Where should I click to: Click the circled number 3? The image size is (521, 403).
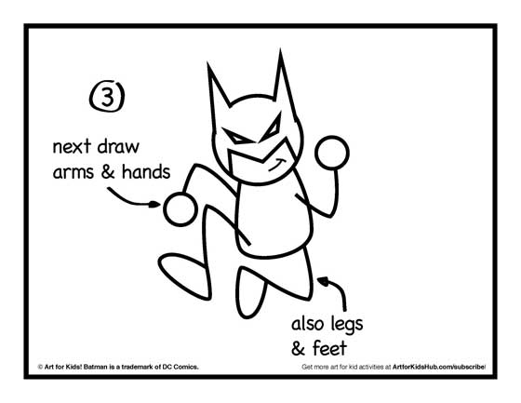click(x=107, y=97)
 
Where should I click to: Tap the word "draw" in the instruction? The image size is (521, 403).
click(x=118, y=147)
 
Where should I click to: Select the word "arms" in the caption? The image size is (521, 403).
click(x=73, y=172)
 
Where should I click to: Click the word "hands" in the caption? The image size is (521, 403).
click(x=146, y=171)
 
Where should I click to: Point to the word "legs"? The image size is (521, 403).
click(x=347, y=325)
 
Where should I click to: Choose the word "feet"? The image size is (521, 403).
click(x=329, y=348)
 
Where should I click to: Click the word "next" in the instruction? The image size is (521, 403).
click(x=72, y=147)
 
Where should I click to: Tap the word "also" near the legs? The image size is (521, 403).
click(x=308, y=324)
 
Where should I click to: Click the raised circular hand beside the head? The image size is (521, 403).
click(x=332, y=153)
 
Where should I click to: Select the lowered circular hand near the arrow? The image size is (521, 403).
click(x=180, y=209)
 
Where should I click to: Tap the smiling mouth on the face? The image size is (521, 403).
click(x=278, y=166)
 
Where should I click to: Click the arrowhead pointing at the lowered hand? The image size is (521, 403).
click(x=154, y=204)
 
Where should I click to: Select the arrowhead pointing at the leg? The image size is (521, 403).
click(x=323, y=281)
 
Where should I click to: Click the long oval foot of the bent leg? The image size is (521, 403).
click(x=184, y=275)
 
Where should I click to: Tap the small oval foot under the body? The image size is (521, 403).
click(x=250, y=292)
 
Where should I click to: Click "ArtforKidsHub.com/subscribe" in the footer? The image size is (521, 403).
click(x=439, y=367)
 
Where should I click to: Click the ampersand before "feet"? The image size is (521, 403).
click(x=298, y=348)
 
